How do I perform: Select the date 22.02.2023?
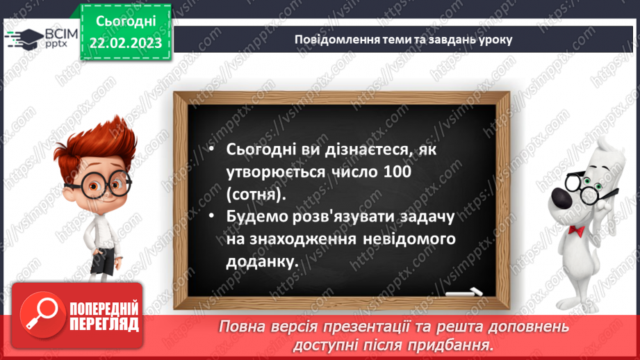(124, 43)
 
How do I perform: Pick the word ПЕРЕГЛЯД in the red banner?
(104, 324)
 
